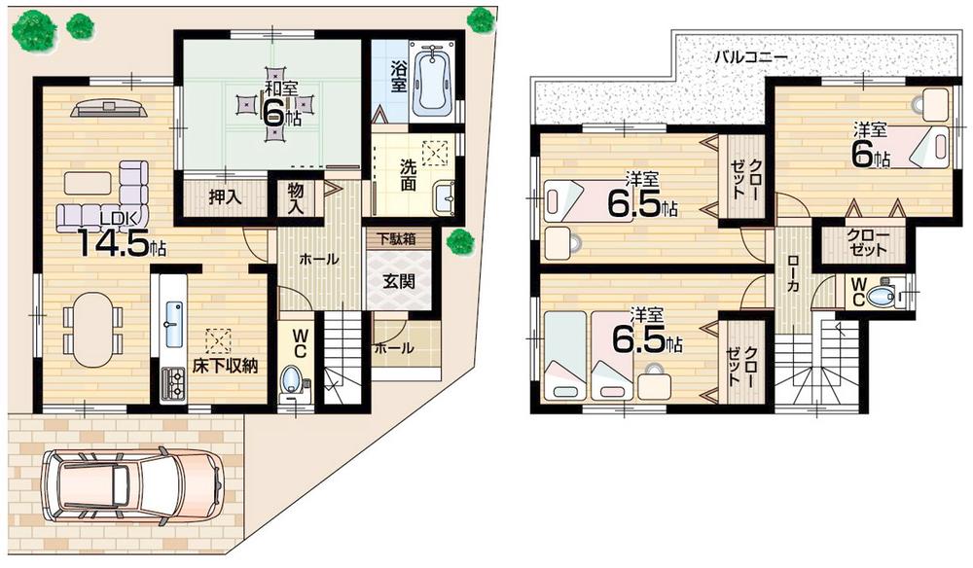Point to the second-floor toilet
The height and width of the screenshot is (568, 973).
(881, 296)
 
